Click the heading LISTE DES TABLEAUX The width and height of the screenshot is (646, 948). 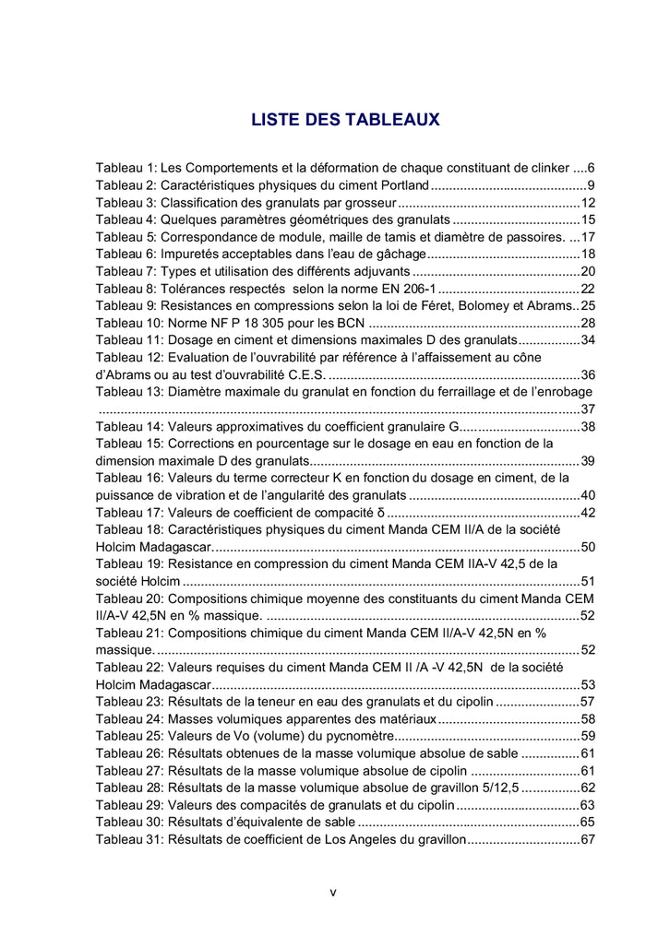(x=346, y=120)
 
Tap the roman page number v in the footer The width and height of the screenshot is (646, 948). (x=332, y=892)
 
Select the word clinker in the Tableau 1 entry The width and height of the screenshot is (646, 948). (x=546, y=169)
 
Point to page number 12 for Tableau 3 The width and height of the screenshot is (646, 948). (x=588, y=203)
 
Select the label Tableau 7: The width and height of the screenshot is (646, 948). (x=126, y=271)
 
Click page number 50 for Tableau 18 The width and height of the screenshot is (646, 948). (x=588, y=547)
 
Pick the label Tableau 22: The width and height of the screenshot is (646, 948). (x=130, y=667)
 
